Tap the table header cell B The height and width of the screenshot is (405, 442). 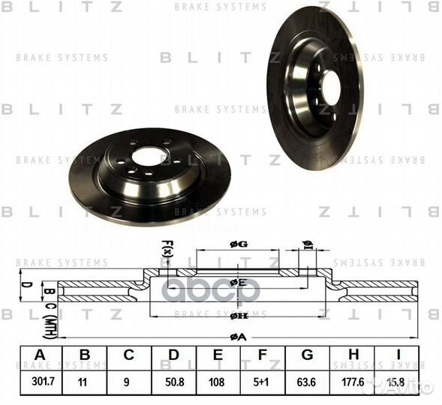point(85,355)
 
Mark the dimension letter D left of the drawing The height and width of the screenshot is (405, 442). point(26,286)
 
